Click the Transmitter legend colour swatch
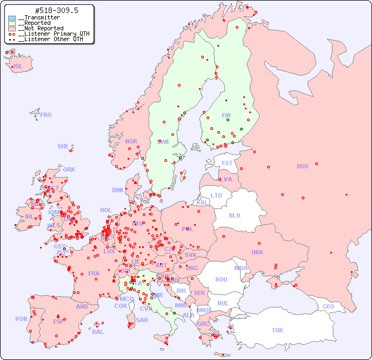pyautogui.click(x=12, y=18)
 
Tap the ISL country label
pyautogui.click(x=18, y=67)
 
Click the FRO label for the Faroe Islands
pyautogui.click(x=46, y=115)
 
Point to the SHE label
pyautogui.click(x=63, y=146)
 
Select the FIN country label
pyautogui.click(x=226, y=115)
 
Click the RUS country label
pyautogui.click(x=302, y=166)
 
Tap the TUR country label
pyautogui.click(x=277, y=330)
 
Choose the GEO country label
pyautogui.click(x=328, y=306)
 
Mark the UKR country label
pyautogui.click(x=257, y=252)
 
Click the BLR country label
pyautogui.click(x=235, y=215)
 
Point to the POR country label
pyautogui.click(x=21, y=319)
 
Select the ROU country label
pyautogui.click(x=221, y=279)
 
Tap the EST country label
pyautogui.click(x=227, y=163)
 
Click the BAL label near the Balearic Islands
pyautogui.click(x=98, y=332)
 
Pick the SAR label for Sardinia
pyautogui.click(x=142, y=320)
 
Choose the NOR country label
pyautogui.click(x=131, y=141)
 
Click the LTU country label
pyautogui.click(x=216, y=195)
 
